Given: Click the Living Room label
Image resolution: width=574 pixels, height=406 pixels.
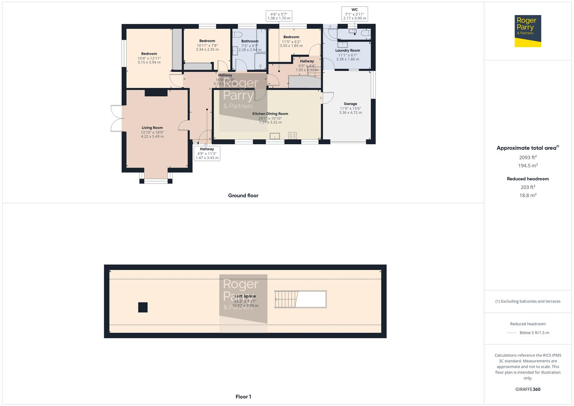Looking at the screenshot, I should (x=152, y=128).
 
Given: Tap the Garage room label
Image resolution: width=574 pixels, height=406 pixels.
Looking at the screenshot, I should (x=350, y=104).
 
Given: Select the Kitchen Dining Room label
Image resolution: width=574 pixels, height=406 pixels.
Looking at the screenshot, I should (x=270, y=114).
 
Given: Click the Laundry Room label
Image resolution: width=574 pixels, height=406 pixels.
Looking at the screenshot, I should (x=347, y=50).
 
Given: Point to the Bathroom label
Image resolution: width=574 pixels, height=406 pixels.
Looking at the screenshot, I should (x=250, y=41).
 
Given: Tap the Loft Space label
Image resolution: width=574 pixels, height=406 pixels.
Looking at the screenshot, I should (x=245, y=296).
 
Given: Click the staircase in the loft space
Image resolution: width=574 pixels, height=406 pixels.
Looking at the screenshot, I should (x=287, y=299).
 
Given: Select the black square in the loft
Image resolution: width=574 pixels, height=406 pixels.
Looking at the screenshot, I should (x=143, y=307).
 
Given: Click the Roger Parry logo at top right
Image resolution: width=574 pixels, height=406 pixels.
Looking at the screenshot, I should (x=527, y=31).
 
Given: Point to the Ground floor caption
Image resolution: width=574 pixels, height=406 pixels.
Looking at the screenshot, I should (x=243, y=195).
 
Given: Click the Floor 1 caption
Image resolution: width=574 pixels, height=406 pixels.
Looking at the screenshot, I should (x=243, y=397).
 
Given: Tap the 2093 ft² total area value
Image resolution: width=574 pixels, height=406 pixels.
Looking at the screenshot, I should (x=528, y=158).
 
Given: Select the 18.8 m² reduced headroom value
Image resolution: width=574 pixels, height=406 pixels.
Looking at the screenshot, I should (x=528, y=195).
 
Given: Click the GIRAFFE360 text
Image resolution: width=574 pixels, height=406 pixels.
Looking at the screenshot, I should (x=528, y=389).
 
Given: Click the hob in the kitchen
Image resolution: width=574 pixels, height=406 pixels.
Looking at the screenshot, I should (x=292, y=135).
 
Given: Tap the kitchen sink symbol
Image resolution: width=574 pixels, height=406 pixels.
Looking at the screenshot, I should (x=275, y=136).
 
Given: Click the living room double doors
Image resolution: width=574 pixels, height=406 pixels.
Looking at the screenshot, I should (x=117, y=118).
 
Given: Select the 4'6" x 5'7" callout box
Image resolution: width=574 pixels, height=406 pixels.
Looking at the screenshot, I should (x=279, y=16).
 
